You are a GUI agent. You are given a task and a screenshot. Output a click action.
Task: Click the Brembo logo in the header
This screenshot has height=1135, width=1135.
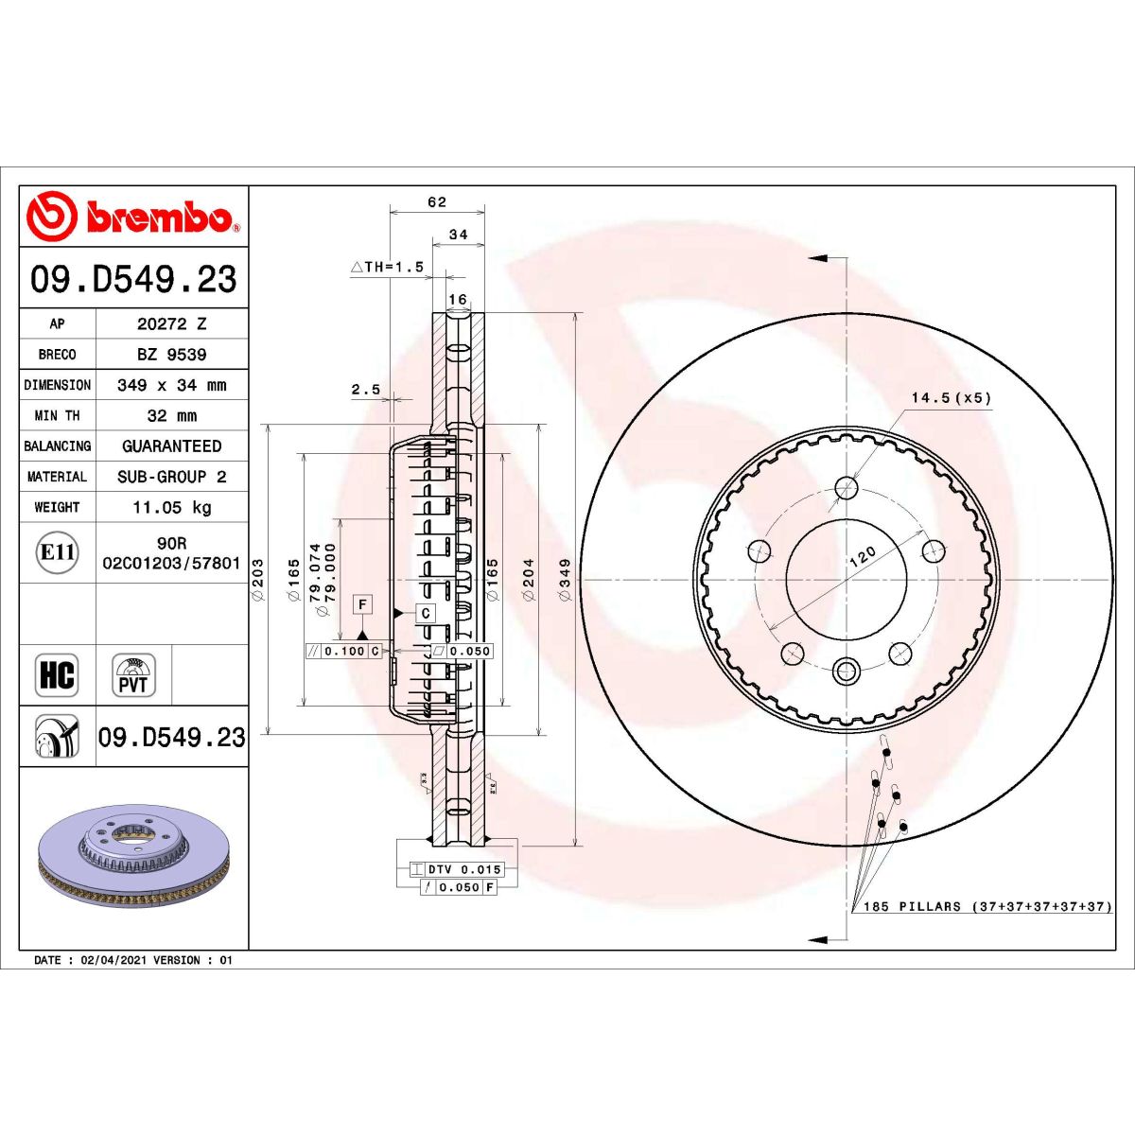[x=132, y=217]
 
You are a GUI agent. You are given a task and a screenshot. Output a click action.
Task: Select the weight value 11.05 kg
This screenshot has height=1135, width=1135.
[x=171, y=508]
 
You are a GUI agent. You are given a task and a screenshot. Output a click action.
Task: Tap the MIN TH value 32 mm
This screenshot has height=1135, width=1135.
[x=171, y=416]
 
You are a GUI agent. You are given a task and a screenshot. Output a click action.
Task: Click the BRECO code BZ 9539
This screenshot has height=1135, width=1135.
[x=171, y=355]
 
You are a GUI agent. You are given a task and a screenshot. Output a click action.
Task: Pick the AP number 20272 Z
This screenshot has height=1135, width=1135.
[x=171, y=323]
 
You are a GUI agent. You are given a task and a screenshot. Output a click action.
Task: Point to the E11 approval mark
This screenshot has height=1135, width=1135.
[x=57, y=551]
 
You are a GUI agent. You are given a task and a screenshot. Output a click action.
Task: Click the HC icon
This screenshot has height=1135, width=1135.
[x=57, y=675]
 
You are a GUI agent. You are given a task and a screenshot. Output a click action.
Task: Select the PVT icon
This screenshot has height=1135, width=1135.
[x=133, y=675]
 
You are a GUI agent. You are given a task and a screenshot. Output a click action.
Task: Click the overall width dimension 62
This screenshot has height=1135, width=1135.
[x=436, y=202]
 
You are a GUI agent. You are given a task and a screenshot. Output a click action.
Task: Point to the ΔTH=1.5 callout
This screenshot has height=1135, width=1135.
[x=388, y=268]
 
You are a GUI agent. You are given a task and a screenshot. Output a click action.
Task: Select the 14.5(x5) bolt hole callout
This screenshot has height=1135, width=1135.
[x=951, y=398]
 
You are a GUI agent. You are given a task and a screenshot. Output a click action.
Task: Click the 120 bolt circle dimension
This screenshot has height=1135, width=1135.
[x=862, y=556]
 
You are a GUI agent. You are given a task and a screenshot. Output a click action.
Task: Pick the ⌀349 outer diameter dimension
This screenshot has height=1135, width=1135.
[x=566, y=573]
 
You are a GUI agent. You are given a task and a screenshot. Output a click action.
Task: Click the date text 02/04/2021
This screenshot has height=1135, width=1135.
[x=114, y=960]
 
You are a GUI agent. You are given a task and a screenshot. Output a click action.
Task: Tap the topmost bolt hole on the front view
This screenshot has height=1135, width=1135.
[x=847, y=487]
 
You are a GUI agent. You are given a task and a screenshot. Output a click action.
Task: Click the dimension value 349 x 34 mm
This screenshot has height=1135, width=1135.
[x=171, y=385]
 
